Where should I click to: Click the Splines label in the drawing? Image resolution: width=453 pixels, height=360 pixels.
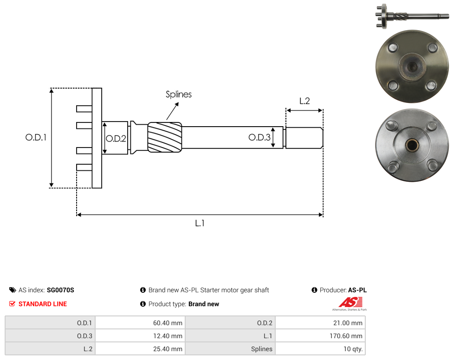point(179,95)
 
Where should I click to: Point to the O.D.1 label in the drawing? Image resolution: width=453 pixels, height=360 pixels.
point(36,137)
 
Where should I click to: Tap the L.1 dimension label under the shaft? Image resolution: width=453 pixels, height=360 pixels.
point(200,223)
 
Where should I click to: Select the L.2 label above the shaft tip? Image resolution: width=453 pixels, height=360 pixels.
point(304,101)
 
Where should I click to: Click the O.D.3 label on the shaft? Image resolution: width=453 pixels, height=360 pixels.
point(259,137)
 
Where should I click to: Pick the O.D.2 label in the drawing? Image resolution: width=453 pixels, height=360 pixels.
point(116,139)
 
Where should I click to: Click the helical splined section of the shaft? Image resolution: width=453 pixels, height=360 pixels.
point(165,137)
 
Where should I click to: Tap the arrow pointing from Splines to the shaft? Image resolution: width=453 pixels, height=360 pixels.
point(173,111)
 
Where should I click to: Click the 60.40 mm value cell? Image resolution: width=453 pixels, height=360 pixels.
point(141,323)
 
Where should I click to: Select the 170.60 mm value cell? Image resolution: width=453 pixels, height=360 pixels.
point(320,336)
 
